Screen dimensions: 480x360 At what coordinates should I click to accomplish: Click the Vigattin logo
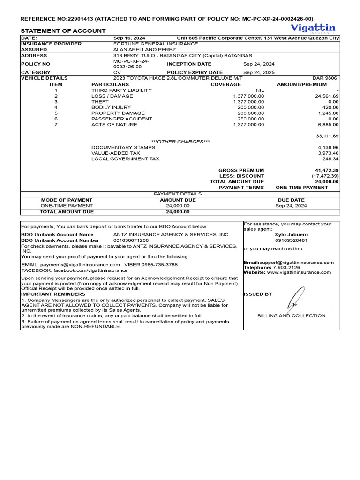tap(313, 28)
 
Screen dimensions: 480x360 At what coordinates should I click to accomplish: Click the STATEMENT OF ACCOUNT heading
tap(63, 31)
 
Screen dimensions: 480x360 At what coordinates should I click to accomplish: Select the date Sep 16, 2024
tap(129, 38)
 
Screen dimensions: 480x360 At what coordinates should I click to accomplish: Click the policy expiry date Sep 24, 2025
tap(259, 73)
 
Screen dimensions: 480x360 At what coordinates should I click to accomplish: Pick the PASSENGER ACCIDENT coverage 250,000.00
tap(251, 119)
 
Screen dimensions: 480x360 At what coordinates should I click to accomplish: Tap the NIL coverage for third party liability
tap(260, 90)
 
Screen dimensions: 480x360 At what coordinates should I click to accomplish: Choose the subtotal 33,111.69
tap(328, 136)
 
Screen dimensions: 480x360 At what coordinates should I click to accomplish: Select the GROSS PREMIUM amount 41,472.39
tap(327, 170)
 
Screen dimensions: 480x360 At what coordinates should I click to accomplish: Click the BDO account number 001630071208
tap(131, 240)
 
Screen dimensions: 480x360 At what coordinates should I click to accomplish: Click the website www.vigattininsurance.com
tap(299, 272)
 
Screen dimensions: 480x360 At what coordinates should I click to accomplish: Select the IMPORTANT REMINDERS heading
tap(47, 294)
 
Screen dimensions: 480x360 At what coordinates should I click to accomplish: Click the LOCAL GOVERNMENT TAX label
tap(125, 159)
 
